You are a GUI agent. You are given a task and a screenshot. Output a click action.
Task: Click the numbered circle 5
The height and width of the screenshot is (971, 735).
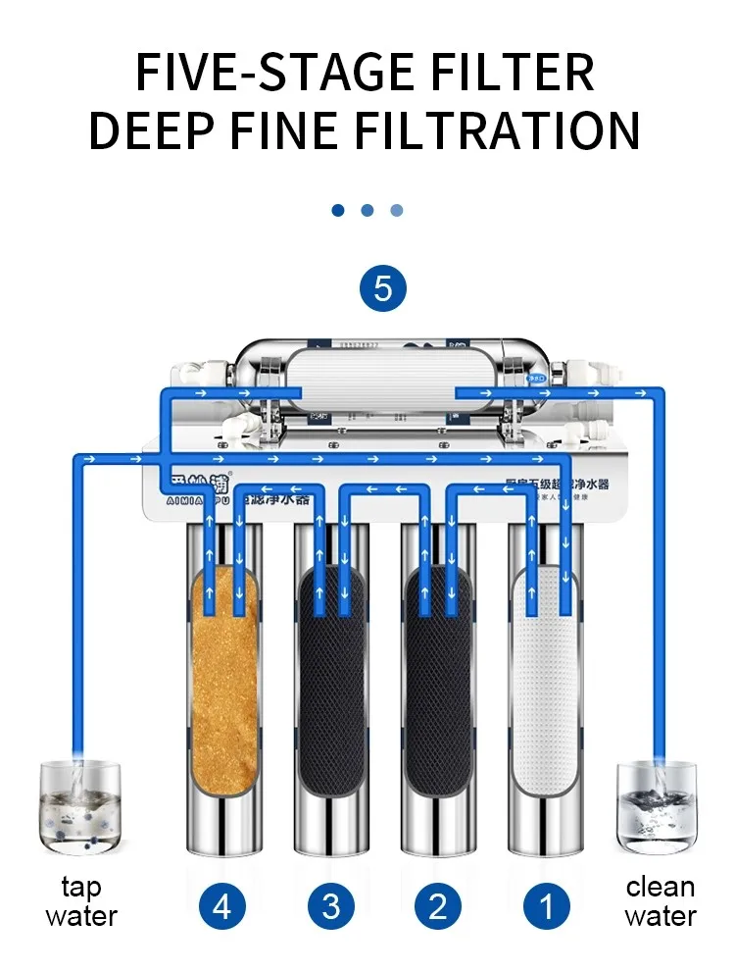(382, 288)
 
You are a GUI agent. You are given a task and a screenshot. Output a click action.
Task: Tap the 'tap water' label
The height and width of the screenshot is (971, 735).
(81, 902)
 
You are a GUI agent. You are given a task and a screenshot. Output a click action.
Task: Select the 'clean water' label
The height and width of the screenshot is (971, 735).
(660, 902)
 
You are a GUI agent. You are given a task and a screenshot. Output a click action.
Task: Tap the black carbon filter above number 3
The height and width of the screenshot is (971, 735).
(331, 687)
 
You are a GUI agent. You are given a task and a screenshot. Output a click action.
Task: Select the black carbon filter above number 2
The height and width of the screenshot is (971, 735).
(439, 687)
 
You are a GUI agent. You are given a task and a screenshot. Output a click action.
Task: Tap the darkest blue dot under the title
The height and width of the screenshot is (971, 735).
(338, 210)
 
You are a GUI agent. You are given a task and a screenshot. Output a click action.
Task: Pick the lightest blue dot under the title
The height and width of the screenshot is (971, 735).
(397, 210)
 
